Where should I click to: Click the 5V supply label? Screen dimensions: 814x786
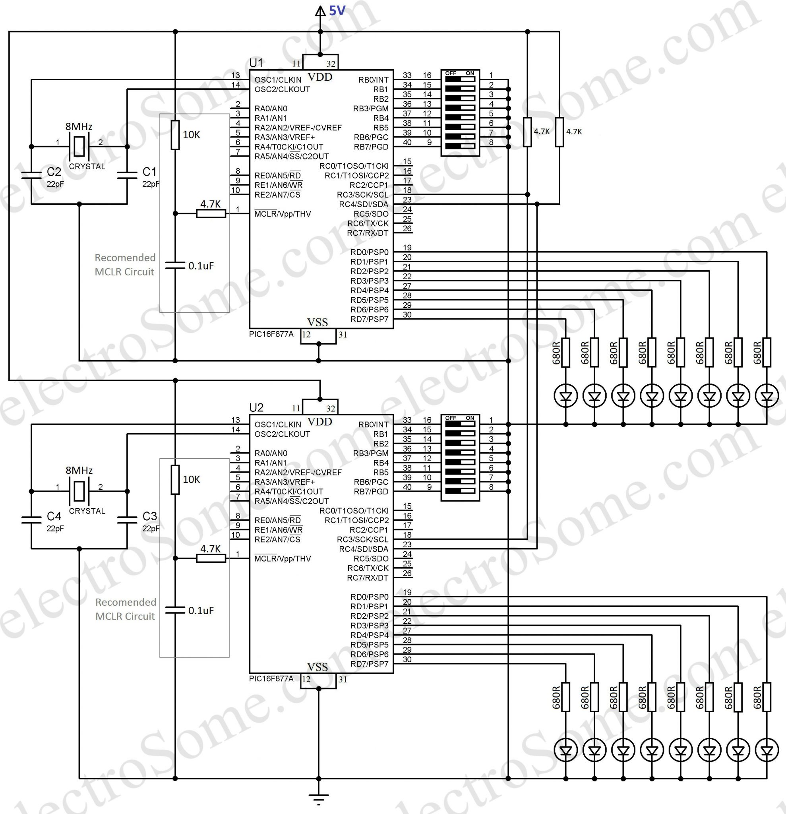point(337,11)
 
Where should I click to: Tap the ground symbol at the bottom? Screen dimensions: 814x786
point(318,797)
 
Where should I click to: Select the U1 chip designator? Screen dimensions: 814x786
point(256,63)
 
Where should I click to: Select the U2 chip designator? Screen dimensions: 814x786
point(256,407)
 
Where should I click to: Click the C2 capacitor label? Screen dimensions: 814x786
point(54,172)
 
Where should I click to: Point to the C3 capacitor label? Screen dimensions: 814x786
point(149,516)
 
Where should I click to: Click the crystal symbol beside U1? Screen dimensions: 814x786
point(79,146)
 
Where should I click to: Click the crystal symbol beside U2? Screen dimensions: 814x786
point(79,491)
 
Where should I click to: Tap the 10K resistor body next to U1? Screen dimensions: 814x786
point(175,135)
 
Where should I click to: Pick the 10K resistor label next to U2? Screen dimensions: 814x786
point(192,480)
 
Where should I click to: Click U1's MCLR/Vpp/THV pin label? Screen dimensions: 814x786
point(283,214)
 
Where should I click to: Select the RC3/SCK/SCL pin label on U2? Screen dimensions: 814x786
point(362,539)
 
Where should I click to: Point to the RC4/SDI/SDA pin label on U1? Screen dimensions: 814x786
point(363,204)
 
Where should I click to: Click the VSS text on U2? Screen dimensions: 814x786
point(317,667)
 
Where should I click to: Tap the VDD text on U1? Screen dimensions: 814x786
point(320,77)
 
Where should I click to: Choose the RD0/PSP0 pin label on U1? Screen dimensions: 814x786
point(369,252)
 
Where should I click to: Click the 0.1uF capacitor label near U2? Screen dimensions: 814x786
point(201,610)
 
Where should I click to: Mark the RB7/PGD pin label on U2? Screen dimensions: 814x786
point(371,492)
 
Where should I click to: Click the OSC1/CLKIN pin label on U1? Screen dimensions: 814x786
point(278,80)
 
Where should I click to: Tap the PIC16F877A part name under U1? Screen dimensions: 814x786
point(271,334)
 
